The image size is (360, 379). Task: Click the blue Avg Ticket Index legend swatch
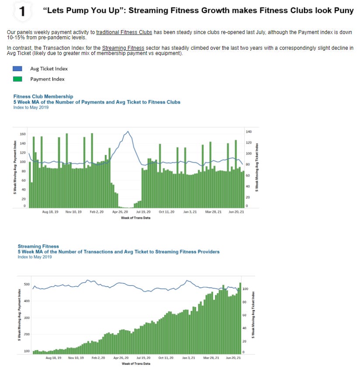click(18, 69)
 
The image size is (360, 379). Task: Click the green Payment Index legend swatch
click(18, 79)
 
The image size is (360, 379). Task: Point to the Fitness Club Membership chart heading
click(43, 96)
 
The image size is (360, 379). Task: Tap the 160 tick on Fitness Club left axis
click(23, 134)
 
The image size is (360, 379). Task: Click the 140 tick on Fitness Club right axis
click(249, 131)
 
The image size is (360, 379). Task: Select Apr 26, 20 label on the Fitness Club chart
click(120, 212)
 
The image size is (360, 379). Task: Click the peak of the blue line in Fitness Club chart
click(128, 131)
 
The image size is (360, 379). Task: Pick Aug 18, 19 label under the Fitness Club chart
click(50, 212)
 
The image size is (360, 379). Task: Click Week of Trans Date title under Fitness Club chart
click(135, 217)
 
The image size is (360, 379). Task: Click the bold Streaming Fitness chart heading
click(38, 246)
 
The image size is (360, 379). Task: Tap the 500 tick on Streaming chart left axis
click(27, 284)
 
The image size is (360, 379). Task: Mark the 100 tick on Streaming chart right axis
click(245, 289)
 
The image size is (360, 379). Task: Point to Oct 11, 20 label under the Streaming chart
click(166, 358)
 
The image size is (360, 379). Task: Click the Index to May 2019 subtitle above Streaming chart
click(35, 257)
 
